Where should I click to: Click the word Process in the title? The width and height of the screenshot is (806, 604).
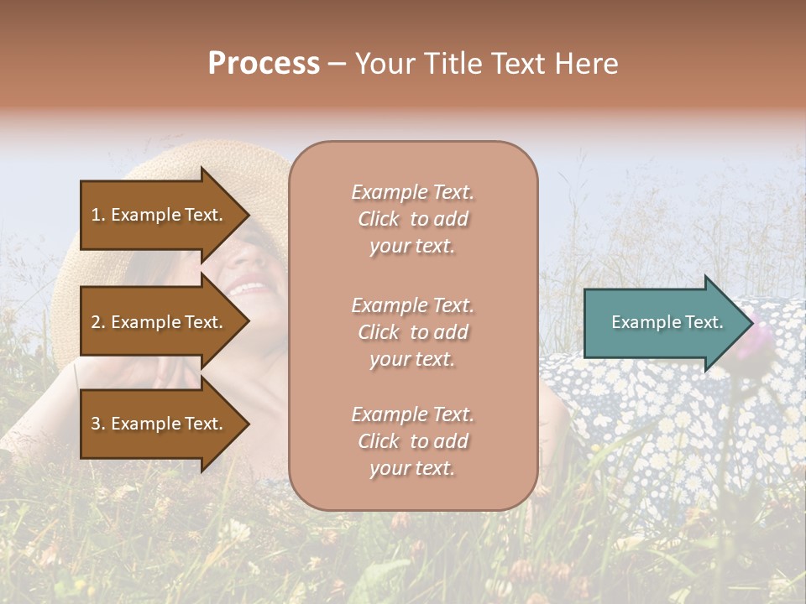264,64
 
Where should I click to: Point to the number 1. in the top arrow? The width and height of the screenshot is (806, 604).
99,215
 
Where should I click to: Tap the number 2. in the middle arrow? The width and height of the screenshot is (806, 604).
99,322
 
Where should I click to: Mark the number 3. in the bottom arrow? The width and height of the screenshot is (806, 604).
99,424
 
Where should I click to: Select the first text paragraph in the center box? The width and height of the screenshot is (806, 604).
412,219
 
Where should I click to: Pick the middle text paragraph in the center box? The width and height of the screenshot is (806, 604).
412,332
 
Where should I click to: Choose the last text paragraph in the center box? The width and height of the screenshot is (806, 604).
412,441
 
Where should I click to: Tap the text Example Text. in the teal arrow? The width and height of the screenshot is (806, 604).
667,322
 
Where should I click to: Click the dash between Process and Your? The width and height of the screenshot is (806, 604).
337,65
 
